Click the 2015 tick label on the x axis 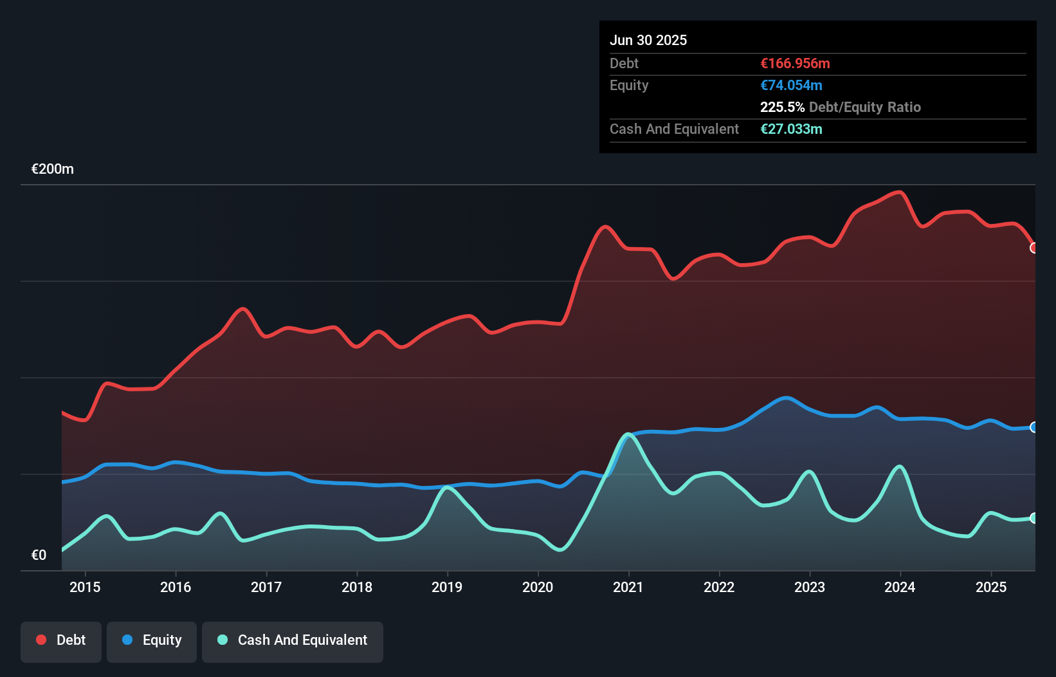(85, 587)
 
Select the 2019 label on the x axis (447, 587)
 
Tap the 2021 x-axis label (628, 587)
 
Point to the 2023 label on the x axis (810, 587)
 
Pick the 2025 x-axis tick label (991, 587)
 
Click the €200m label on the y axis (53, 169)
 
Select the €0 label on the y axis (39, 555)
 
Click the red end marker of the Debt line (1034, 248)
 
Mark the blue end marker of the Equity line (1034, 427)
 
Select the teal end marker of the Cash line (1034, 518)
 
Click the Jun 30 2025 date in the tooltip (648, 40)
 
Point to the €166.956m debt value (795, 63)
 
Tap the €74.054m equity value (791, 85)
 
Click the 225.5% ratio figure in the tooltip (782, 107)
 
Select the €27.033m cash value (791, 129)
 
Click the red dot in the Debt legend (41, 640)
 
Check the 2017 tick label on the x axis (266, 587)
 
